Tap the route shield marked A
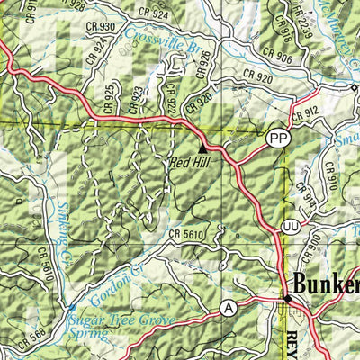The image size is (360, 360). (229, 309)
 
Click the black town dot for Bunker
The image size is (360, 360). (288, 298)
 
